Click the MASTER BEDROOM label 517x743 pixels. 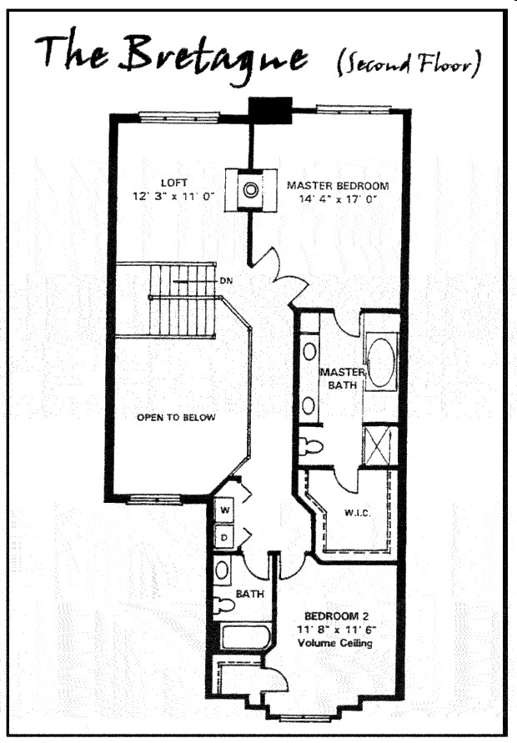click(338, 186)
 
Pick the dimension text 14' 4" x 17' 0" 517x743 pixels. click(338, 200)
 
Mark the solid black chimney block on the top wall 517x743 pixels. click(271, 108)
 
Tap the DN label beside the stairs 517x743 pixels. click(225, 281)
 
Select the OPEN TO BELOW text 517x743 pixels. click(176, 417)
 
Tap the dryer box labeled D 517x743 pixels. click(224, 537)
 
